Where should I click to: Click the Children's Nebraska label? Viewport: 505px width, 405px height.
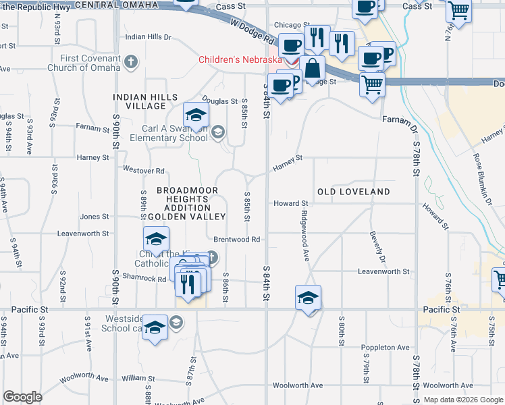click(240, 59)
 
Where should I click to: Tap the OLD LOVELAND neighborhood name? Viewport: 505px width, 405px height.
click(354, 192)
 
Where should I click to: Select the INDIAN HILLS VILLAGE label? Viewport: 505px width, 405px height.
click(140, 101)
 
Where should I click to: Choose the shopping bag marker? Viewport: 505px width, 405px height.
click(313, 69)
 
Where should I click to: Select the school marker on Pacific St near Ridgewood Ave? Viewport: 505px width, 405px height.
click(308, 298)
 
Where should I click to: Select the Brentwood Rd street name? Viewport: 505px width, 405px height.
click(237, 240)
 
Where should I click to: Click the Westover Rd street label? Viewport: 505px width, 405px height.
click(144, 170)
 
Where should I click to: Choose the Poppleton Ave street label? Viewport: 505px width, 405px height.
click(386, 348)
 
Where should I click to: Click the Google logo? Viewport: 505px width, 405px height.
click(22, 397)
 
